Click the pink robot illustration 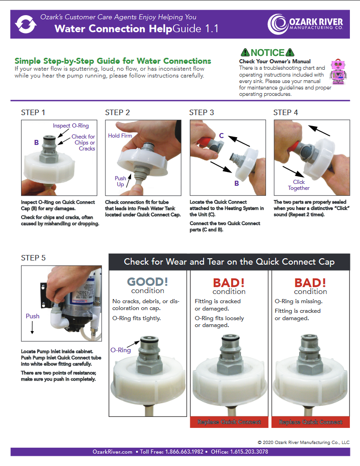pyautogui.click(x=338, y=72)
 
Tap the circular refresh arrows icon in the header pyautogui.click(x=26, y=24)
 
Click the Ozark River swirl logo pyautogui.click(x=277, y=24)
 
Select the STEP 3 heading pyautogui.click(x=201, y=113)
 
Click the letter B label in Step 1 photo pyautogui.click(x=36, y=143)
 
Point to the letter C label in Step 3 pyautogui.click(x=221, y=135)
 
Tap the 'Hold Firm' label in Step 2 pyautogui.click(x=120, y=135)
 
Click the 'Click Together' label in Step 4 pyautogui.click(x=299, y=185)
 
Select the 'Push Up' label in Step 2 pyautogui.click(x=121, y=181)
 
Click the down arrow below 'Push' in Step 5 pyautogui.click(x=32, y=327)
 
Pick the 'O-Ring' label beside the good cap pyautogui.click(x=121, y=350)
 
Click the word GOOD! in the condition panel pyautogui.click(x=148, y=282)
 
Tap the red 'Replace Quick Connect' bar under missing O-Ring pyautogui.click(x=310, y=422)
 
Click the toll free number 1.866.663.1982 pyautogui.click(x=184, y=452)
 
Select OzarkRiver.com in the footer pyautogui.click(x=112, y=452)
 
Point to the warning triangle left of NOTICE pyautogui.click(x=245, y=53)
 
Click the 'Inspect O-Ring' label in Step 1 pyautogui.click(x=71, y=126)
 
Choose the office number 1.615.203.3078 pyautogui.click(x=249, y=452)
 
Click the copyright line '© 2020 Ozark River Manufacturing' pyautogui.click(x=304, y=443)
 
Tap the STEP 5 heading pyautogui.click(x=33, y=258)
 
